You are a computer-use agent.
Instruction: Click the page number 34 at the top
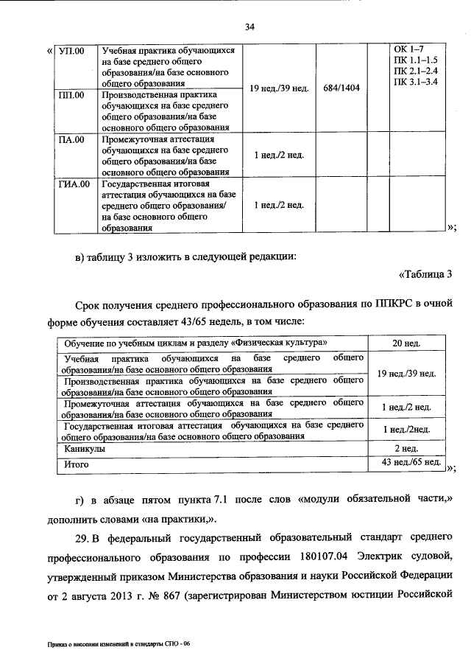(x=249, y=27)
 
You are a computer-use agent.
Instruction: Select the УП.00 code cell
(x=71, y=51)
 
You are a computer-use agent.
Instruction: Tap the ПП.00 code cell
(x=71, y=95)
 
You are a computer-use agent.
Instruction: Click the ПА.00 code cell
(x=71, y=139)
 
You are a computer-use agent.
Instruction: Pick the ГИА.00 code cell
(x=74, y=184)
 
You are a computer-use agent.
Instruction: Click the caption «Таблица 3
(x=425, y=275)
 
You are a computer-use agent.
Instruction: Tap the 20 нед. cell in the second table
(x=406, y=344)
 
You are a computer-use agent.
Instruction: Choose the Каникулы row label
(x=84, y=448)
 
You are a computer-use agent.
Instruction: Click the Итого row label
(x=77, y=464)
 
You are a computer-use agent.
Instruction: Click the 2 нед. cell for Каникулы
(x=406, y=448)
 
